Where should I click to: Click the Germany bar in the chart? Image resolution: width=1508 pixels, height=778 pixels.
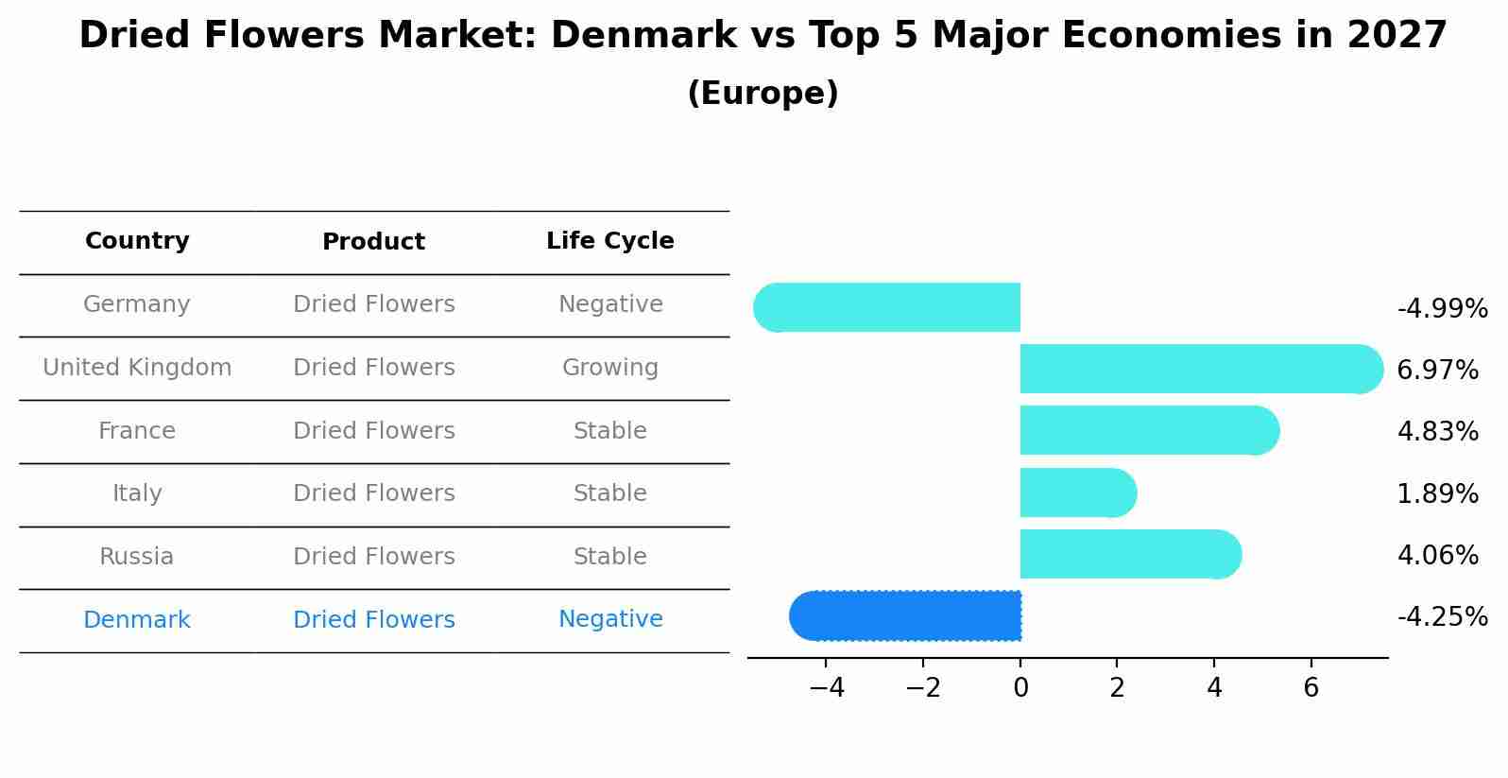(888, 307)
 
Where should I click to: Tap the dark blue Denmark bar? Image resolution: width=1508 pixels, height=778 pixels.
(907, 615)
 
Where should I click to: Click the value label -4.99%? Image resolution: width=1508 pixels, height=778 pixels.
(1442, 309)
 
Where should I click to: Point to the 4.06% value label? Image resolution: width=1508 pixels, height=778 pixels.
(1437, 555)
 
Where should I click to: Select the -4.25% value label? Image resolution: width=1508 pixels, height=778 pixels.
(1442, 617)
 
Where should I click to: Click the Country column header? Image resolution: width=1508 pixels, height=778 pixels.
(137, 241)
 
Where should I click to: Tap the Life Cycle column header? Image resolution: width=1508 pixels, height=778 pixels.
(610, 241)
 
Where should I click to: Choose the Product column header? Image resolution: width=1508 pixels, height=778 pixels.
(373, 242)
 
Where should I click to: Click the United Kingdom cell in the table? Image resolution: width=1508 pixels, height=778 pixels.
(137, 368)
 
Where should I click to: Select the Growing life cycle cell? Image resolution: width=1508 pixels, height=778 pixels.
(610, 368)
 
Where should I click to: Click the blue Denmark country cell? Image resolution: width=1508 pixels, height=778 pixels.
(137, 620)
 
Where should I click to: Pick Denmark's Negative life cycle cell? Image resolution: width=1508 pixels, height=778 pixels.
(610, 619)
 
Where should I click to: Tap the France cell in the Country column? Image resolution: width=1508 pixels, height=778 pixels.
(137, 431)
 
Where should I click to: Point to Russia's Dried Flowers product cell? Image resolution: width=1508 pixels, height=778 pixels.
(373, 557)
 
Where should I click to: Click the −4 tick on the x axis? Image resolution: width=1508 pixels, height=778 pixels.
(827, 688)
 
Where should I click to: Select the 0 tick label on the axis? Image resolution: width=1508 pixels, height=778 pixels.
(1020, 688)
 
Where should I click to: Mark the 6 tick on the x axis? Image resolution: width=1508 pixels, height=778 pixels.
(1311, 688)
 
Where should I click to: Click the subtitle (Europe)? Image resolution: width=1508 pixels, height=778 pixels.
(763, 94)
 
